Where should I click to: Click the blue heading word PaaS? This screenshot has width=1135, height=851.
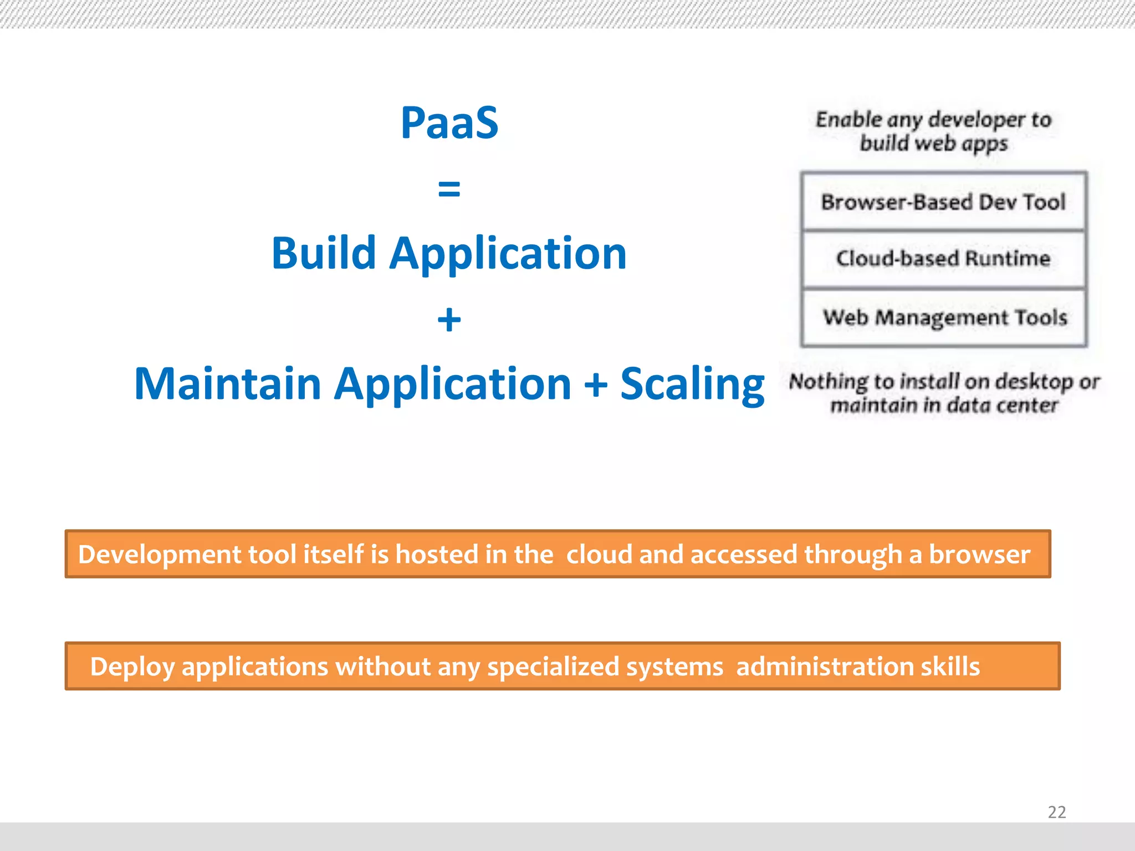pos(449,122)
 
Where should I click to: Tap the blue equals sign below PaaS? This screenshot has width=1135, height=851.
pos(449,188)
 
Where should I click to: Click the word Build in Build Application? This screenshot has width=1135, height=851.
pos(324,253)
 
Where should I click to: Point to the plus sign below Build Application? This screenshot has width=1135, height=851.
pos(449,320)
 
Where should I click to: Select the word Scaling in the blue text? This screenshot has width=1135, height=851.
pos(692,384)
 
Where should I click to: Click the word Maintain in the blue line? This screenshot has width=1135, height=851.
pos(228,384)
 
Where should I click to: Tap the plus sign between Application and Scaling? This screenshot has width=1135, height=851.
pos(596,384)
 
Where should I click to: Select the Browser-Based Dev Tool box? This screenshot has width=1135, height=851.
pos(943,202)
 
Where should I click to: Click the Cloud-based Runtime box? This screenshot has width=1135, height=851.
pos(943,259)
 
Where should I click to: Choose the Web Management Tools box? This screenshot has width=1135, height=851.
pos(944,317)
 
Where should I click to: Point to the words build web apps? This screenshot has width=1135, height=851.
pos(933,143)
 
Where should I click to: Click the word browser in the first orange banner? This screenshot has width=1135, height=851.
pos(979,554)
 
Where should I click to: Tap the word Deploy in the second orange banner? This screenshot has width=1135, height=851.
pos(132,667)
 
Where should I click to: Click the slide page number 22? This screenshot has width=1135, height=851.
pos(1056,812)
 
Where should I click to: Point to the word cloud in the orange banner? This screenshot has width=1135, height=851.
pos(599,554)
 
